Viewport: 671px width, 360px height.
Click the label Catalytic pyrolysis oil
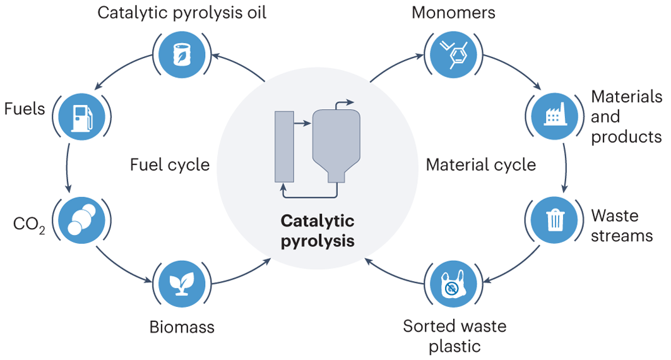click(182, 13)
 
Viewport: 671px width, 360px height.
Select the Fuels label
click(25, 109)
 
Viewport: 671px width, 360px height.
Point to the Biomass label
click(182, 327)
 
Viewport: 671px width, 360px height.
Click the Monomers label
click(453, 12)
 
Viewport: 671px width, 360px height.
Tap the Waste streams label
click(622, 225)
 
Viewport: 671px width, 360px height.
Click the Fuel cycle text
click(170, 165)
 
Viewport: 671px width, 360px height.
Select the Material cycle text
click(481, 165)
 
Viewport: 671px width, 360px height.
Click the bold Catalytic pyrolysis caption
click(318, 231)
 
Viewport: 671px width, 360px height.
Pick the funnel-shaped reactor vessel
click(336, 142)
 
